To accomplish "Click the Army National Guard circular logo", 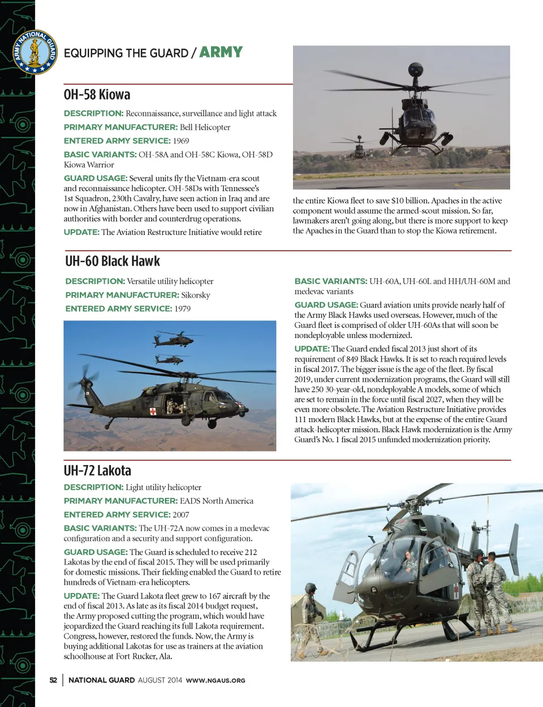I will (35, 53).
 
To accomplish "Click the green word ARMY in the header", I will (221, 53).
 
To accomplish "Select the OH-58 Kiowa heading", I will (97, 94).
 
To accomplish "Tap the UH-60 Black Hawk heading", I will (113, 261).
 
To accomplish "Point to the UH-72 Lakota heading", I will (97, 471).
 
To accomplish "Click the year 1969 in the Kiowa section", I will (181, 141).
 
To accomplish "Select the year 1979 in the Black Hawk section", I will (183, 309).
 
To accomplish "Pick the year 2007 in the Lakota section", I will (181, 514).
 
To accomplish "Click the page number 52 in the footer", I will (53, 680).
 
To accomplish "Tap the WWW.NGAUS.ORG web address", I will (216, 680).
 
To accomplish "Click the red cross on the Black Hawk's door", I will (153, 411).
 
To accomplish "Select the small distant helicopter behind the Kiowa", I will (359, 148).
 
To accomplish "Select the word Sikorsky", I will (196, 295).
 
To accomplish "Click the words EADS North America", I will (217, 501).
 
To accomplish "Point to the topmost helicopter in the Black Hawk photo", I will (171, 339).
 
